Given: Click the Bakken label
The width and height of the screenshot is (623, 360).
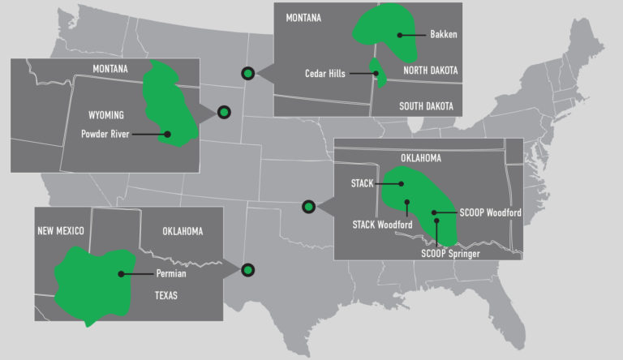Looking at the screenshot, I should (442, 35).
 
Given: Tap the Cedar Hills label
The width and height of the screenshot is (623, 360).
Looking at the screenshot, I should (325, 74).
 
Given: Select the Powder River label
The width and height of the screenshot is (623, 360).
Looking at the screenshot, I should (105, 135).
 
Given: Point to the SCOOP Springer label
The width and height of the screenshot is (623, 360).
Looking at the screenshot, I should (450, 254).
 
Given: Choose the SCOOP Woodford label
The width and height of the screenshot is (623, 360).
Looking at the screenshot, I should (490, 212).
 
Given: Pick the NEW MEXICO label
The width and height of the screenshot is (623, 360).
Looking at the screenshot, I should (61, 231).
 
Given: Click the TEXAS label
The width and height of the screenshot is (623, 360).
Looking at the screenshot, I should (165, 296).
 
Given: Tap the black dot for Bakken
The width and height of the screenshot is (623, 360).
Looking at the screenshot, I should (400, 35).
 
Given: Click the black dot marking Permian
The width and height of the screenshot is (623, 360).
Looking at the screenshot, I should (121, 274).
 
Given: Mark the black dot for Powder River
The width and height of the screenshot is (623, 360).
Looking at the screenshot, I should (168, 135).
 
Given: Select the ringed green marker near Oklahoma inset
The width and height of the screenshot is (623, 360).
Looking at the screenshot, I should (308, 206).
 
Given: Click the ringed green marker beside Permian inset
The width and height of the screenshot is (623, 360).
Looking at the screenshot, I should (248, 269).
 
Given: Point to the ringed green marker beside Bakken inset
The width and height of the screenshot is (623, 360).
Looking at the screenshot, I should (248, 73).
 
